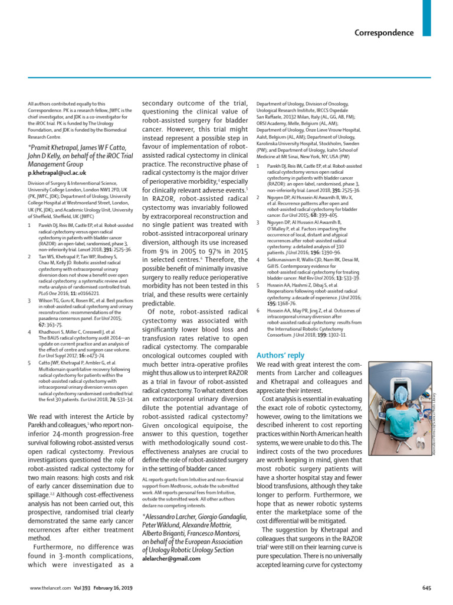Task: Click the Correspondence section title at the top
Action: click(x=384, y=32)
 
